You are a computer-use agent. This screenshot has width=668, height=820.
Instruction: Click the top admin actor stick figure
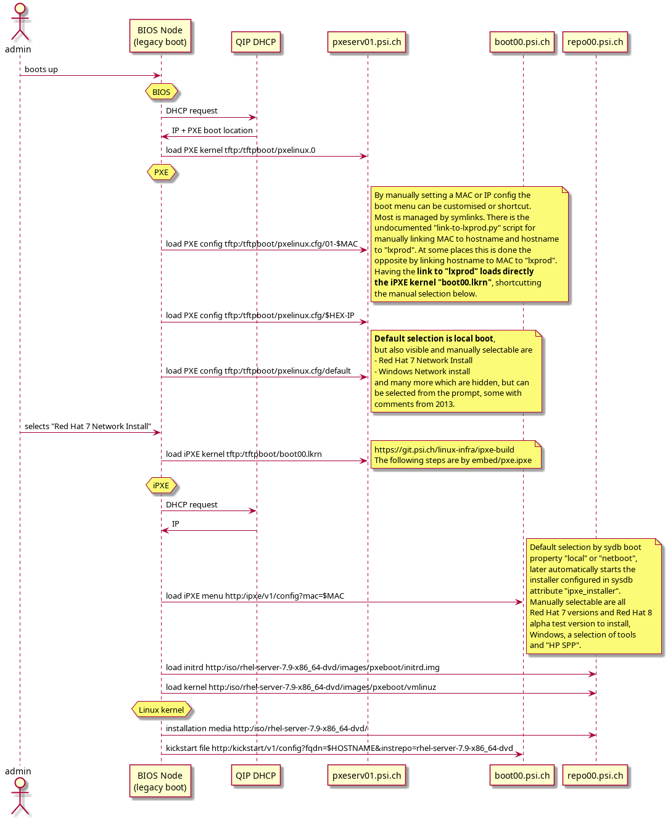pyautogui.click(x=20, y=22)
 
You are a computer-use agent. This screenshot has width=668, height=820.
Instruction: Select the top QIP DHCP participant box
pyautogui.click(x=256, y=43)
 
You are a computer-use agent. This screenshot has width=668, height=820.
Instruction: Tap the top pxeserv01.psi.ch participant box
pyautogui.click(x=367, y=43)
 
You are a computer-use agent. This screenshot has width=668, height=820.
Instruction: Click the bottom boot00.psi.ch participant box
pyautogui.click(x=522, y=776)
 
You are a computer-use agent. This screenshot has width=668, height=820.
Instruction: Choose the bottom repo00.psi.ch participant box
pyautogui.click(x=595, y=776)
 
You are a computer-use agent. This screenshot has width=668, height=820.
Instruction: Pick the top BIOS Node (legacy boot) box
pyautogui.click(x=160, y=36)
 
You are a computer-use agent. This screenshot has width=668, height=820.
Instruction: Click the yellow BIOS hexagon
pyautogui.click(x=162, y=92)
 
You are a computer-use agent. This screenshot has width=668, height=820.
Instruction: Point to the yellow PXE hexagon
pyautogui.click(x=162, y=173)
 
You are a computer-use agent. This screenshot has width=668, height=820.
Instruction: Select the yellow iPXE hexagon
pyautogui.click(x=161, y=486)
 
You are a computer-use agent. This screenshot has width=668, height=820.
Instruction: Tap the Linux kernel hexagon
pyautogui.click(x=162, y=710)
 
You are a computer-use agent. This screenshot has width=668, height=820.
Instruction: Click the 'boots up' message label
pyautogui.click(x=41, y=70)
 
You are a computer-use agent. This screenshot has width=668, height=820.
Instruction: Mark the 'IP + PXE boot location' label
pyautogui.click(x=212, y=131)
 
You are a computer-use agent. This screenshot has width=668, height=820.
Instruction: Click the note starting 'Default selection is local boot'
pyautogui.click(x=456, y=371)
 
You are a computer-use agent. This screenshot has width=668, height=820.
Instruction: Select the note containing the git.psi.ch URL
pyautogui.click(x=456, y=455)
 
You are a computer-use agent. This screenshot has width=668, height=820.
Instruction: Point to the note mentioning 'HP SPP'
pyautogui.click(x=593, y=596)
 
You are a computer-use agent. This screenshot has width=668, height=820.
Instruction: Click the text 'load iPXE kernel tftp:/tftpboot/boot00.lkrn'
pyautogui.click(x=244, y=454)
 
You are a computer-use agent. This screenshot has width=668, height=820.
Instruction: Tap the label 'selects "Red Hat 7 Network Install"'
pyautogui.click(x=88, y=427)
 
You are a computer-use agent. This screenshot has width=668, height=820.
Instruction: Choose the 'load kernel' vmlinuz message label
pyautogui.click(x=301, y=687)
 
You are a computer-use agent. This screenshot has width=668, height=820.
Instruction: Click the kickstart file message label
pyautogui.click(x=339, y=748)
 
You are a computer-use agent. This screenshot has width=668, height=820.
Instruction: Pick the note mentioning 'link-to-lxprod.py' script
pyautogui.click(x=469, y=244)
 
